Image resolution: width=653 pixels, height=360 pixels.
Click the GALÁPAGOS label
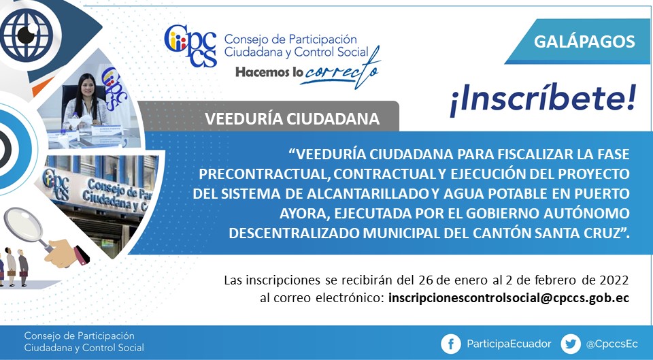click(x=584, y=42)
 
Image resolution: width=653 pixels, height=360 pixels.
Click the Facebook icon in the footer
click(x=450, y=344)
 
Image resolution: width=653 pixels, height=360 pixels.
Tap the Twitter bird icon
click(x=571, y=344)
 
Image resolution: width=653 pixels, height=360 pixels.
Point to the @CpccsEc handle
click(x=612, y=344)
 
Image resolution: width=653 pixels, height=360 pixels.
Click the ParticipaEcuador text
click(x=509, y=344)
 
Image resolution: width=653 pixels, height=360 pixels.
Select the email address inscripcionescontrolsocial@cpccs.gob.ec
click(x=509, y=298)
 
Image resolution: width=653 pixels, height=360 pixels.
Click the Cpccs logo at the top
click(x=190, y=46)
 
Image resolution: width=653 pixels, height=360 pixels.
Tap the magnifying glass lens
click(x=24, y=224)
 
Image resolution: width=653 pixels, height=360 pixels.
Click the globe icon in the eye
click(x=27, y=35)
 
